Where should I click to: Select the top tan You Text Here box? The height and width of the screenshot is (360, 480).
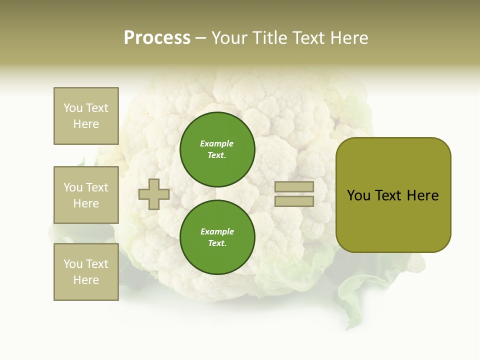pyautogui.click(x=86, y=116)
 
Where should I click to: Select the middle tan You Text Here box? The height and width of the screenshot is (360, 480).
pyautogui.click(x=86, y=195)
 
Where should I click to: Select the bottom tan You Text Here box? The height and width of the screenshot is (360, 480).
pyautogui.click(x=86, y=272)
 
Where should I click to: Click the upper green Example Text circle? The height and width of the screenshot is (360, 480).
pyautogui.click(x=217, y=149)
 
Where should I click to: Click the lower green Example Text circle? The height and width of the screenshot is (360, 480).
pyautogui.click(x=217, y=237)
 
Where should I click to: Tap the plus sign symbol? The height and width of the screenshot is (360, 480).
pyautogui.click(x=154, y=194)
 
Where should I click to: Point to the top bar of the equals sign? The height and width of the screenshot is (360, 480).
pyautogui.click(x=294, y=186)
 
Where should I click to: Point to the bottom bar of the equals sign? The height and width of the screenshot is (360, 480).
pyautogui.click(x=294, y=201)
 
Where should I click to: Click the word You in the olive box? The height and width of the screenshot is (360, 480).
pyautogui.click(x=358, y=195)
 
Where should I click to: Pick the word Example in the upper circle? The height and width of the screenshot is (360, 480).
pyautogui.click(x=216, y=144)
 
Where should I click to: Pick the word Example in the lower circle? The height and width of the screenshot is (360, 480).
pyautogui.click(x=217, y=232)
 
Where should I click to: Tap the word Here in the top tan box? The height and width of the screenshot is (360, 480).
pyautogui.click(x=86, y=124)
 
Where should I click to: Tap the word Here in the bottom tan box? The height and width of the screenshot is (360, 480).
pyautogui.click(x=86, y=280)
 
